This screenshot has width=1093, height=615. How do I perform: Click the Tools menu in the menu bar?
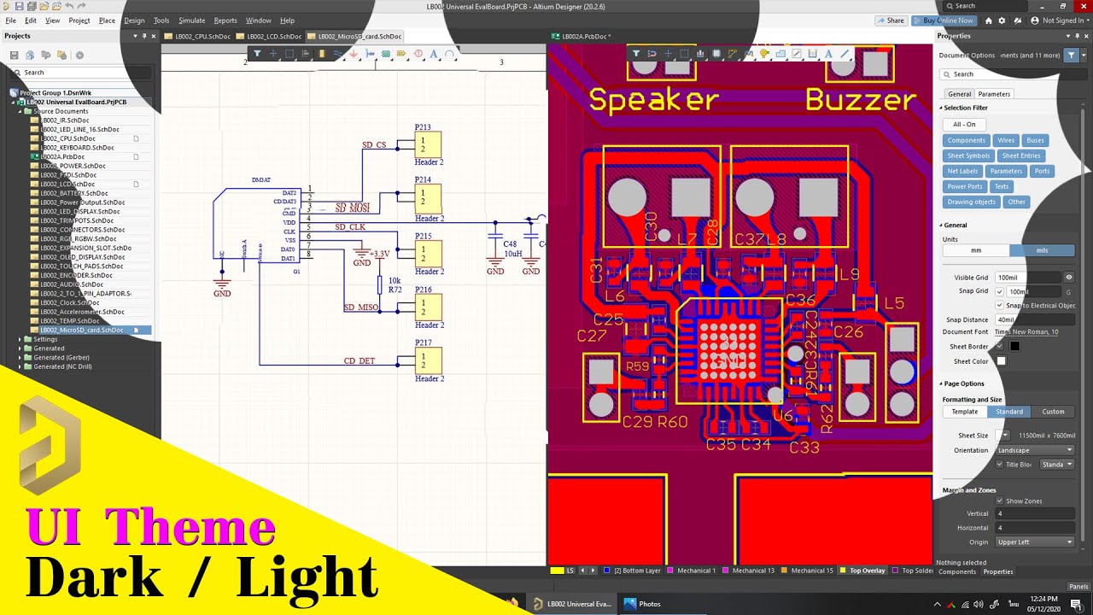click(161, 20)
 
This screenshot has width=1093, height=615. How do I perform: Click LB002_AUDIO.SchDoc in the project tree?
click(77, 284)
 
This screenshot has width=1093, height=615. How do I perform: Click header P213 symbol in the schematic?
click(428, 143)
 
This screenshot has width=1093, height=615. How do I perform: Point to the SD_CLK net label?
click(350, 227)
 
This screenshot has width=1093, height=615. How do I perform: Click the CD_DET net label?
click(359, 361)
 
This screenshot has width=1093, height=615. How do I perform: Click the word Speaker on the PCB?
click(654, 100)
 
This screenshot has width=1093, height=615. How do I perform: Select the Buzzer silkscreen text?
click(860, 100)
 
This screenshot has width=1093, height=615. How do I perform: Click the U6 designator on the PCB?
click(783, 416)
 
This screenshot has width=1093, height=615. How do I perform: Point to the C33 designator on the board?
click(804, 448)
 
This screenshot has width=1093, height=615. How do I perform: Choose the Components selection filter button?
click(967, 140)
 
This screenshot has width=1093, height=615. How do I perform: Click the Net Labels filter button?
click(963, 171)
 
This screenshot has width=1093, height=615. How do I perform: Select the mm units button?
click(976, 250)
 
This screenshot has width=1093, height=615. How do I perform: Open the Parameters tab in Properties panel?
click(994, 94)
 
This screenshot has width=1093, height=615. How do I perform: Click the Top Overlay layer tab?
click(867, 570)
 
